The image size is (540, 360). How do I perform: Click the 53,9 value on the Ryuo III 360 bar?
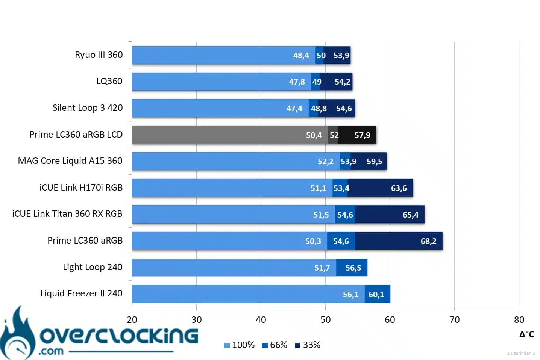click(341, 56)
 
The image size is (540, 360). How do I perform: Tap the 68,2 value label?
click(428, 241)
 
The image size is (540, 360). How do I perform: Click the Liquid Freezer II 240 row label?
click(81, 293)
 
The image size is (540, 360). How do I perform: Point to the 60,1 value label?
click(376, 295)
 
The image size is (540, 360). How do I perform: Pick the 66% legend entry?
click(275, 345)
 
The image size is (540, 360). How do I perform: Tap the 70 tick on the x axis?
click(454, 320)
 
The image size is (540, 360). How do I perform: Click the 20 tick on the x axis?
click(132, 320)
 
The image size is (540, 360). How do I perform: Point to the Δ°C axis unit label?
click(526, 334)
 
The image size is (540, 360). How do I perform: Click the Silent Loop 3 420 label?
click(88, 108)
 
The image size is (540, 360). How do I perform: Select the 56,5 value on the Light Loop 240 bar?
click(353, 268)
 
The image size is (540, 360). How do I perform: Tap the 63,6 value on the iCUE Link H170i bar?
click(399, 188)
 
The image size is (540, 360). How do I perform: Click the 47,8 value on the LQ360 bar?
click(297, 82)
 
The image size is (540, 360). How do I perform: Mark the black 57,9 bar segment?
click(357, 135)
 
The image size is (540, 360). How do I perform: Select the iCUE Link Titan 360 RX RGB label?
click(67, 214)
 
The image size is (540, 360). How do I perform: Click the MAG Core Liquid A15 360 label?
click(70, 161)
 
